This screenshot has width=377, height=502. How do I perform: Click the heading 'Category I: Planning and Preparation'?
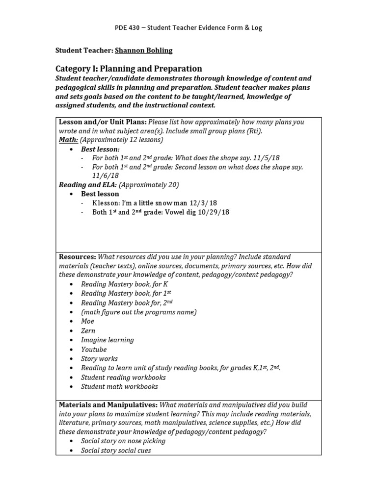pos(129,69)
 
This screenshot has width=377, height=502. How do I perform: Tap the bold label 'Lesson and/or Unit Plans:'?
pos(102,122)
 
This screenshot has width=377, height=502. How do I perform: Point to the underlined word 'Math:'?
pos(68,140)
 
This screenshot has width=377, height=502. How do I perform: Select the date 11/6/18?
pos(105,176)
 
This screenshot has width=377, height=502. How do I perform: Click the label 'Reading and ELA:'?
pos(87,185)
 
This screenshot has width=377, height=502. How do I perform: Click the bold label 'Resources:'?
pos(78,257)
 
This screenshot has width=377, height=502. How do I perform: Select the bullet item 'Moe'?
pos(87,321)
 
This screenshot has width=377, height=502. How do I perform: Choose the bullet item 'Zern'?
pos(88,330)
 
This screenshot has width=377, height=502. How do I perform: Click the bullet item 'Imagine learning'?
pos(107,340)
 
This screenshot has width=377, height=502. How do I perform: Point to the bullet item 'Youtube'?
pos(94,350)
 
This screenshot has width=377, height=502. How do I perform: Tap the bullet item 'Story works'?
pos(99,359)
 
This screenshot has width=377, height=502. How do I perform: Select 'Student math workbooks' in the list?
pos(119,387)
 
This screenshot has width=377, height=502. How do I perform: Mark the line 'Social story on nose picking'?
pos(123,441)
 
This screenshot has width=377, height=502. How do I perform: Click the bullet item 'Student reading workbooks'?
pos(123,377)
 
